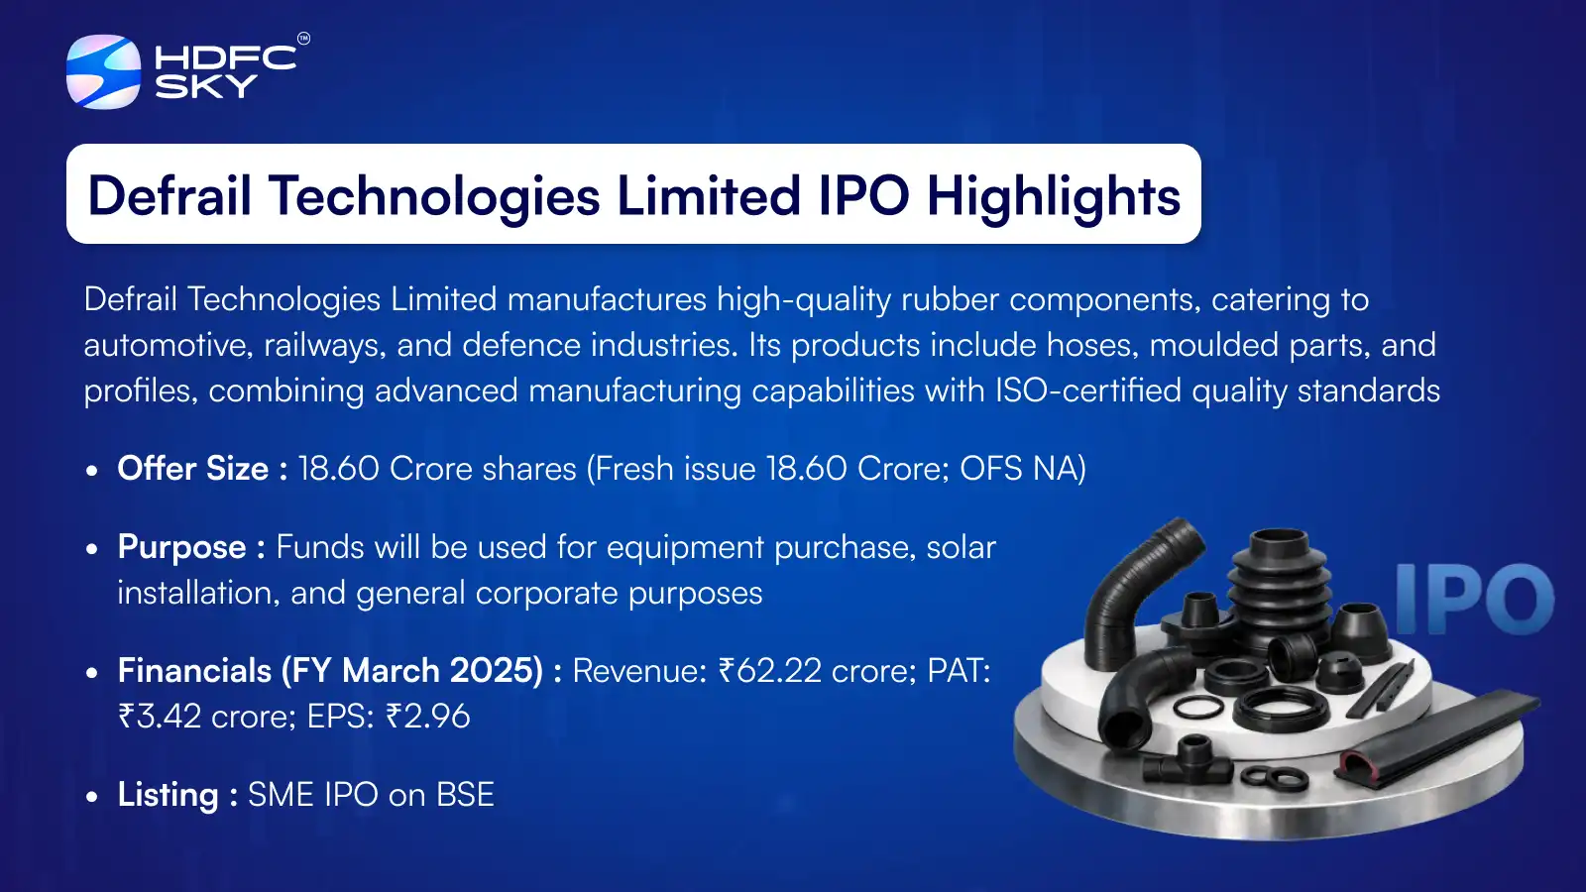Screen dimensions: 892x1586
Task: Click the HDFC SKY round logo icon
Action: tap(103, 71)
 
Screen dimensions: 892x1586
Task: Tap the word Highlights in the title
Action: tap(1054, 195)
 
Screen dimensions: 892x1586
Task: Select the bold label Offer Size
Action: tap(193, 468)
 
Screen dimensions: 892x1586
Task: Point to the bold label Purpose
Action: tap(182, 547)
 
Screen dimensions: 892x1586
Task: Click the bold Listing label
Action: tap(168, 795)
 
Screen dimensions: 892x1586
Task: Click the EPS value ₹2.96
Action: tap(428, 717)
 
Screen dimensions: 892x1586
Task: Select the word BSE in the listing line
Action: tap(465, 795)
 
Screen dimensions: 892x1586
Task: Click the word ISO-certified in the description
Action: tap(1087, 390)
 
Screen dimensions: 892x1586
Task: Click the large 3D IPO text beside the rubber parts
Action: tap(1474, 599)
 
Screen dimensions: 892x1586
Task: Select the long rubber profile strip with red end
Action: tap(1437, 738)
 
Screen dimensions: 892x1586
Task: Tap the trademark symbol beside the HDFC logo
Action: tap(303, 39)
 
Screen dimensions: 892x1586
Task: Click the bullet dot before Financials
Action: tap(92, 673)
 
